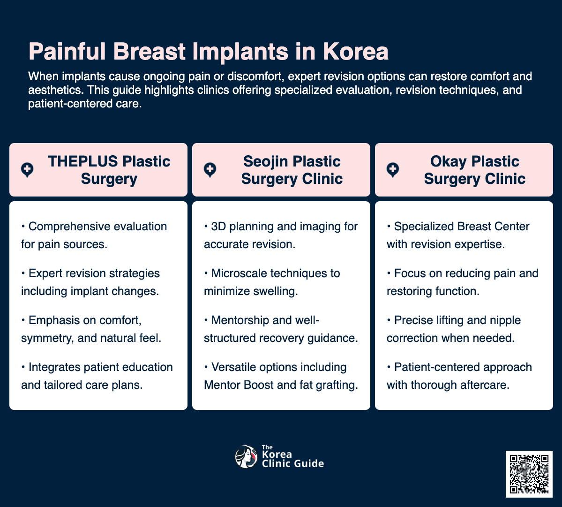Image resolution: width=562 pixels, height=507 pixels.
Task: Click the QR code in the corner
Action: (x=529, y=474)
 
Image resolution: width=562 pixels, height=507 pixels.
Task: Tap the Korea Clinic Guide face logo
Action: (x=246, y=457)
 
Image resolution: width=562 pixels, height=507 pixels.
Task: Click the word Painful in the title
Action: (x=68, y=52)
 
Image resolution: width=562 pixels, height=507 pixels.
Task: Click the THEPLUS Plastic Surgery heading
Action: (x=109, y=170)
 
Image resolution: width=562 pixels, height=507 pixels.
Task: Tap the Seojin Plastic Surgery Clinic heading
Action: (x=292, y=170)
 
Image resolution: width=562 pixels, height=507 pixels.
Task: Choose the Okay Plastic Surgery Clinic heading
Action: (x=474, y=170)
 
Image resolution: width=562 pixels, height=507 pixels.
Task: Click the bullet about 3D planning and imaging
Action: (x=281, y=235)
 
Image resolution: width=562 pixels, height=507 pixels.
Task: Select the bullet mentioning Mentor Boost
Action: (x=281, y=376)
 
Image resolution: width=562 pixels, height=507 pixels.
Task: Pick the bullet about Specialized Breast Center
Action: (x=458, y=235)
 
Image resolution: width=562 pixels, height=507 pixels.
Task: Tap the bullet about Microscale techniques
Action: (x=272, y=282)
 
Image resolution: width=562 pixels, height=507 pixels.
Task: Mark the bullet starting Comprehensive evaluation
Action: (x=94, y=235)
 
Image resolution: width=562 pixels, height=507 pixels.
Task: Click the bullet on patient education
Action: (x=97, y=376)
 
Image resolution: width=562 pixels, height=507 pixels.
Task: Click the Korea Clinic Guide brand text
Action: (x=292, y=458)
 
